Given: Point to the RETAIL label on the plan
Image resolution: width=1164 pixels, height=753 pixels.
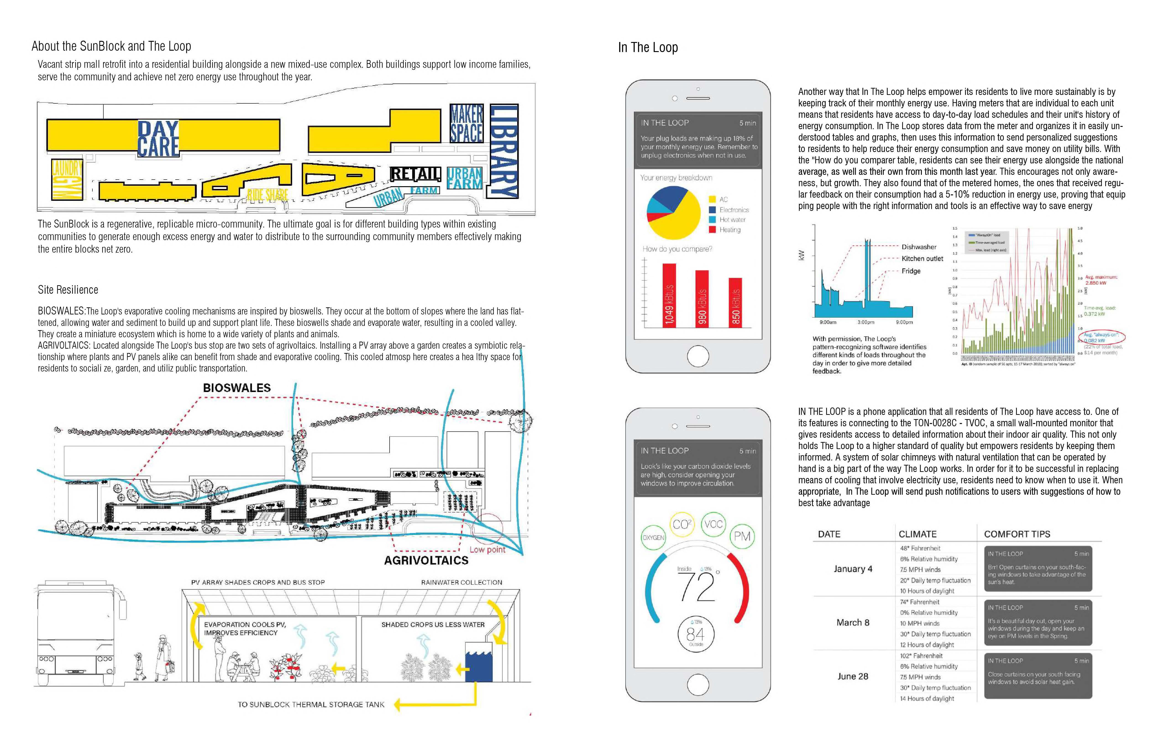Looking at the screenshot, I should [x=415, y=174].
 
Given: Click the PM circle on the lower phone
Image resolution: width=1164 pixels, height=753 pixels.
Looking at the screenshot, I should [x=742, y=536].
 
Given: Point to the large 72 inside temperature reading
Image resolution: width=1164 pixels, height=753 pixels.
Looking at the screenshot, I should [x=696, y=587].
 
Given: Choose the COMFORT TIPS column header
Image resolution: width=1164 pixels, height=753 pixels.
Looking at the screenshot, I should [x=1017, y=534].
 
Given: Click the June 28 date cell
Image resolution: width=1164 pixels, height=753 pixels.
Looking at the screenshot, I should [x=852, y=676].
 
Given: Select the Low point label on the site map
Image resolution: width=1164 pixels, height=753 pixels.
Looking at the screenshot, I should [x=487, y=550].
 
